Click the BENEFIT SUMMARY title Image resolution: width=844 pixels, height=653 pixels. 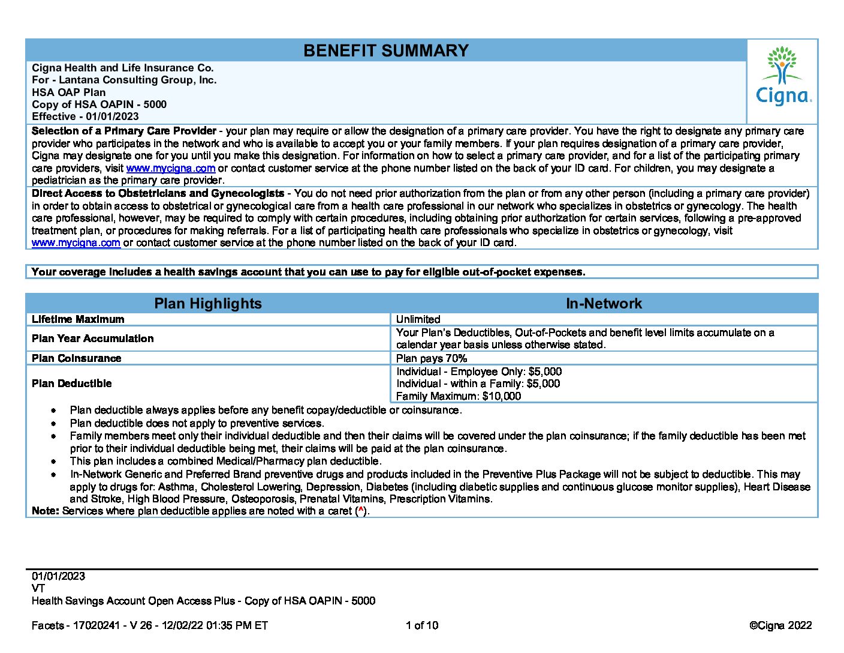pyautogui.click(x=385, y=50)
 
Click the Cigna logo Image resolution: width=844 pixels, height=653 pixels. pyautogui.click(x=783, y=77)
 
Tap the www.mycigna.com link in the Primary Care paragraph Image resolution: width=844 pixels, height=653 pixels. pyautogui.click(x=171, y=168)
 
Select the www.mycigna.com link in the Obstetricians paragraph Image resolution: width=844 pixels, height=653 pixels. pyautogui.click(x=76, y=242)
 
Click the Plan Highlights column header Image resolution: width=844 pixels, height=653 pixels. pyautogui.click(x=208, y=303)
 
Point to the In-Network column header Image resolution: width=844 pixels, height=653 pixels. pyautogui.click(x=604, y=303)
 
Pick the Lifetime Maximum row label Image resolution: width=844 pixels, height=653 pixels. pyautogui.click(x=78, y=319)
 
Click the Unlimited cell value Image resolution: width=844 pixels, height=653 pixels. pyautogui.click(x=418, y=319)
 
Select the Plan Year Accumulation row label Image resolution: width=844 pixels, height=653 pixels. pyautogui.click(x=92, y=339)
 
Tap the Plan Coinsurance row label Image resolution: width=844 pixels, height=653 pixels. pyautogui.click(x=77, y=358)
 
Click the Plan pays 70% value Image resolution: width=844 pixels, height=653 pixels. pyautogui.click(x=432, y=358)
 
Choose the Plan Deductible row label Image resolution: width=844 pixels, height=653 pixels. pyautogui.click(x=72, y=384)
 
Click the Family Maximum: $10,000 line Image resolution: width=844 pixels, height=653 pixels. pyautogui.click(x=459, y=396)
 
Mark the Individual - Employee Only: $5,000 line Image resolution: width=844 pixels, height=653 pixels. pyautogui.click(x=479, y=372)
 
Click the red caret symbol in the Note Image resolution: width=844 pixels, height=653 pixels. pyautogui.click(x=361, y=510)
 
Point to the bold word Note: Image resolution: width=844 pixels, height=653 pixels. pyautogui.click(x=46, y=511)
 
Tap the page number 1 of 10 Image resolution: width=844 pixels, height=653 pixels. pyautogui.click(x=422, y=625)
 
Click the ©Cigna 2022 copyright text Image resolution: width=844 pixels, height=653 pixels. pyautogui.click(x=780, y=625)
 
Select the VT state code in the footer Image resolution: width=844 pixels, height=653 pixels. pyautogui.click(x=38, y=588)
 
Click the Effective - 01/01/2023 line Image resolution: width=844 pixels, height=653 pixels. pyautogui.click(x=85, y=116)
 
